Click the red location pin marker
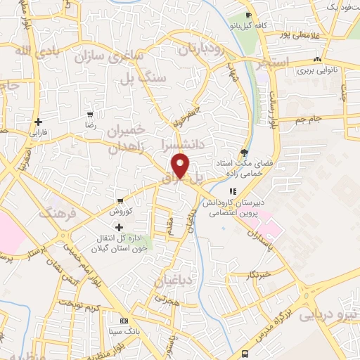181,165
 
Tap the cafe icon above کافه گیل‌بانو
248,15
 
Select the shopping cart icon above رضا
90,114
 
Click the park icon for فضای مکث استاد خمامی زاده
244,151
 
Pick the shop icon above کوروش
120,200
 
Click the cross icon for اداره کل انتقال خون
119,227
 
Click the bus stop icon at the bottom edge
245,354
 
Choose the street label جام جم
309,119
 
